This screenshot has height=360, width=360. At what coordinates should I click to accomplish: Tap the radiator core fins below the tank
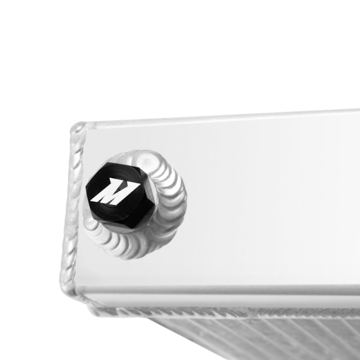[252, 337]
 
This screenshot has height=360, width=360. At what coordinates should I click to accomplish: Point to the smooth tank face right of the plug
[270, 202]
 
